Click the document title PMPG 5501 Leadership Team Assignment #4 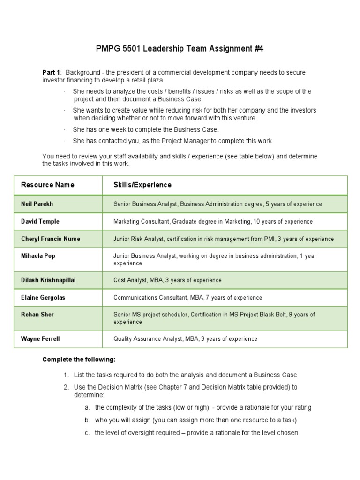pyautogui.click(x=180, y=48)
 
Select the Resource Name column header pyautogui.click(x=47, y=185)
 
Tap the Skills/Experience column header pyautogui.click(x=142, y=185)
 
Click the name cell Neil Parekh pyautogui.click(x=37, y=204)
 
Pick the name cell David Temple pyautogui.click(x=40, y=221)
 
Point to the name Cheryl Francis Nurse pyautogui.click(x=51, y=239)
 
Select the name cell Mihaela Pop pyautogui.click(x=38, y=256)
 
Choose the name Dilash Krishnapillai pyautogui.click(x=49, y=280)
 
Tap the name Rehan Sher pyautogui.click(x=37, y=315)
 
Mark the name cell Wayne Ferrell pyautogui.click(x=40, y=338)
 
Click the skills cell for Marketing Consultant pyautogui.click(x=213, y=221)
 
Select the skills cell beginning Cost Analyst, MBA pyautogui.click(x=167, y=280)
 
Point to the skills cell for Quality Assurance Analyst pyautogui.click(x=185, y=338)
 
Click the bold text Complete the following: pyautogui.click(x=78, y=360)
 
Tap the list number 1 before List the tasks pyautogui.click(x=66, y=375)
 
